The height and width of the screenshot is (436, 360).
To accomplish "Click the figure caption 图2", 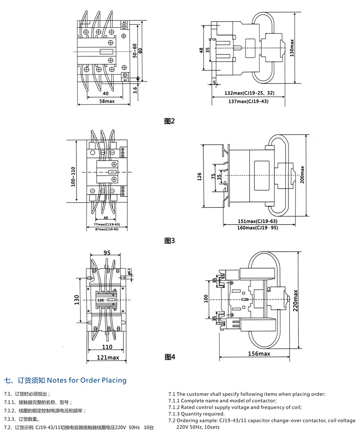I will pyautogui.click(x=170, y=121).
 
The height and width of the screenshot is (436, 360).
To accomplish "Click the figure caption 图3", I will pyautogui.click(x=170, y=241).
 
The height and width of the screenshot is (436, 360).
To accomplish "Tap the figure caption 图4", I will pyautogui.click(x=170, y=357).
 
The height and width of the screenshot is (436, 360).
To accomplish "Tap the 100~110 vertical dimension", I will pyautogui.click(x=73, y=177).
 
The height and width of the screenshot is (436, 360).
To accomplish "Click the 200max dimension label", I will pyautogui.click(x=302, y=174).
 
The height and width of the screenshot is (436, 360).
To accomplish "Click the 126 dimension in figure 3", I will pyautogui.click(x=199, y=176).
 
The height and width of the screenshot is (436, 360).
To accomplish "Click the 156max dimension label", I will pyautogui.click(x=259, y=354).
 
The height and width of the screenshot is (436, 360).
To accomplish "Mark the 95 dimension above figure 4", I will pyautogui.click(x=107, y=253).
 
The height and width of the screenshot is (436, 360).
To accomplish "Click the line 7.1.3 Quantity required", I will pyautogui.click(x=196, y=414).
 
